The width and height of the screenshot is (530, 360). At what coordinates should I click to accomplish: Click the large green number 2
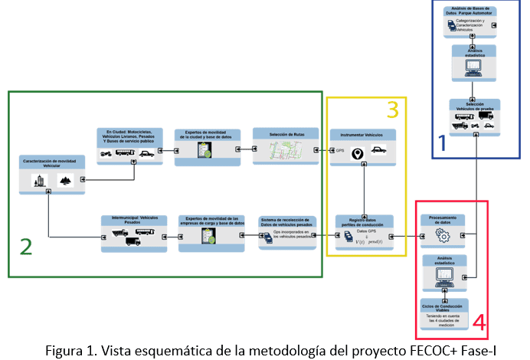coord(26,246)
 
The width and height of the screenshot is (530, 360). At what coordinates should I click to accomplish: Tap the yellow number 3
coord(392,110)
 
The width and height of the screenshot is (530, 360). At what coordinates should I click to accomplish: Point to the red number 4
coord(479,322)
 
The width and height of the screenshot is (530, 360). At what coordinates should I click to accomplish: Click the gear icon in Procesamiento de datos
coord(442,236)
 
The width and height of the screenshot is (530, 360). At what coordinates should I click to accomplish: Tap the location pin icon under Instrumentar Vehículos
coord(357,153)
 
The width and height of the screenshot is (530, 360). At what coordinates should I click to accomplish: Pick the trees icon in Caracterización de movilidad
coord(64,180)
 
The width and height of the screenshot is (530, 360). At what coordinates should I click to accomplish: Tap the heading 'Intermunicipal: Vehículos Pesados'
coord(133,220)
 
